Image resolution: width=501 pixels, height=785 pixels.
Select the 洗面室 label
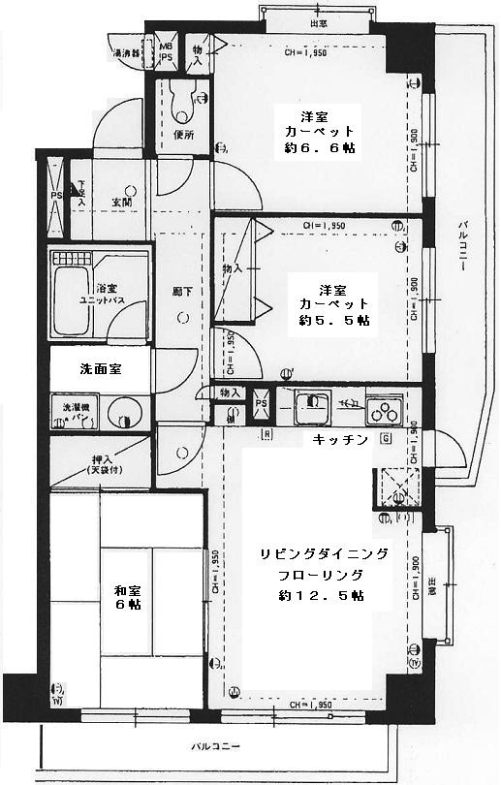tap(102, 369)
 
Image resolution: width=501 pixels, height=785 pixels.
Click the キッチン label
tap(340, 440)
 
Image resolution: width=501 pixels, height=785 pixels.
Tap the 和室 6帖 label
tap(127, 595)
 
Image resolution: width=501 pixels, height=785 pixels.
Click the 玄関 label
tap(121, 202)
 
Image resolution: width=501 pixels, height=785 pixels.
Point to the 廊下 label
tap(180, 289)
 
